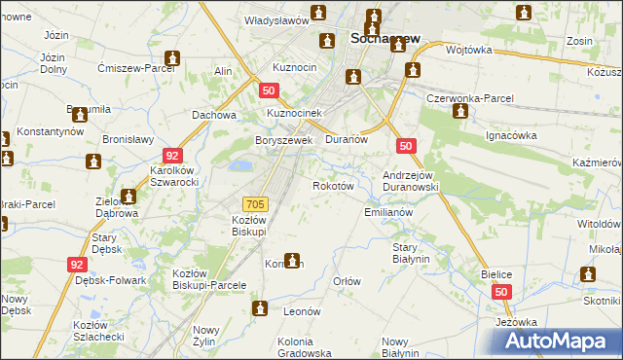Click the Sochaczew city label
[384, 39]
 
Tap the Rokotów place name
[331, 185]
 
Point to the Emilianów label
[389, 212]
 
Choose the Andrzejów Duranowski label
[413, 180]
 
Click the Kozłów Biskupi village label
[249, 226]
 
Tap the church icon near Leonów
[261, 309]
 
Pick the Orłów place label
[348, 281]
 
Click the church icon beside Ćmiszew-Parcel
[172, 58]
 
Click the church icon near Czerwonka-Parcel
[459, 111]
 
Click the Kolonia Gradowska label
[309, 347]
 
